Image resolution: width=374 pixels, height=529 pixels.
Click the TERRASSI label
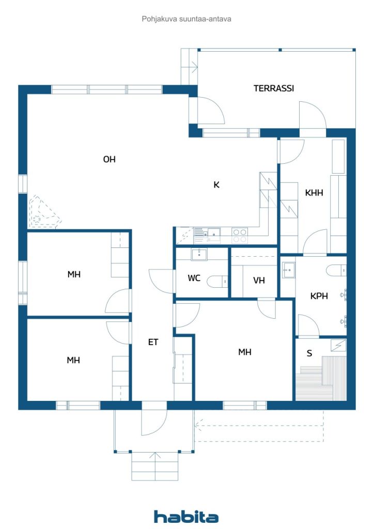coord(274,88)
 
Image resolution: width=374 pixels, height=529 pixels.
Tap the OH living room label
coord(109,160)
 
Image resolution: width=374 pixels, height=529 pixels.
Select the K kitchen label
coord(216,184)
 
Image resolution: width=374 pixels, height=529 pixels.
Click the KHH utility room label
coord(314,193)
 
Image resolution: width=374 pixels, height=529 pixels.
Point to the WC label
coord(194,278)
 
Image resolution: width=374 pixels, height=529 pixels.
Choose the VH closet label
coord(259,281)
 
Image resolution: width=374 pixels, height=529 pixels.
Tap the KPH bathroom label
coord(320,297)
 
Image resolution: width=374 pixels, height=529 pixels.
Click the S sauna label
coord(309,353)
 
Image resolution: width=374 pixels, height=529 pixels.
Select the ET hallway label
coord(153,342)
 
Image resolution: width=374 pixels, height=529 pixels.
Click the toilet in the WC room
coord(216,281)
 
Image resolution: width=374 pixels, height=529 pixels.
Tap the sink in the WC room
coord(199,254)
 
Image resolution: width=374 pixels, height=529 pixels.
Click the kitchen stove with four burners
coord(240,236)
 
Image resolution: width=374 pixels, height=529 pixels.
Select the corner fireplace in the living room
coord(42,214)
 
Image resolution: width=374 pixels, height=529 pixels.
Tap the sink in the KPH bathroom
coord(288,269)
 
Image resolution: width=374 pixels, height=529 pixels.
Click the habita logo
coord(186,516)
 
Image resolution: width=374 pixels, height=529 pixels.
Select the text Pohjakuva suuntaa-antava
coord(186,19)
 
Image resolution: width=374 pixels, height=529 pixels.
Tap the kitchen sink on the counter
coord(212,235)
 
